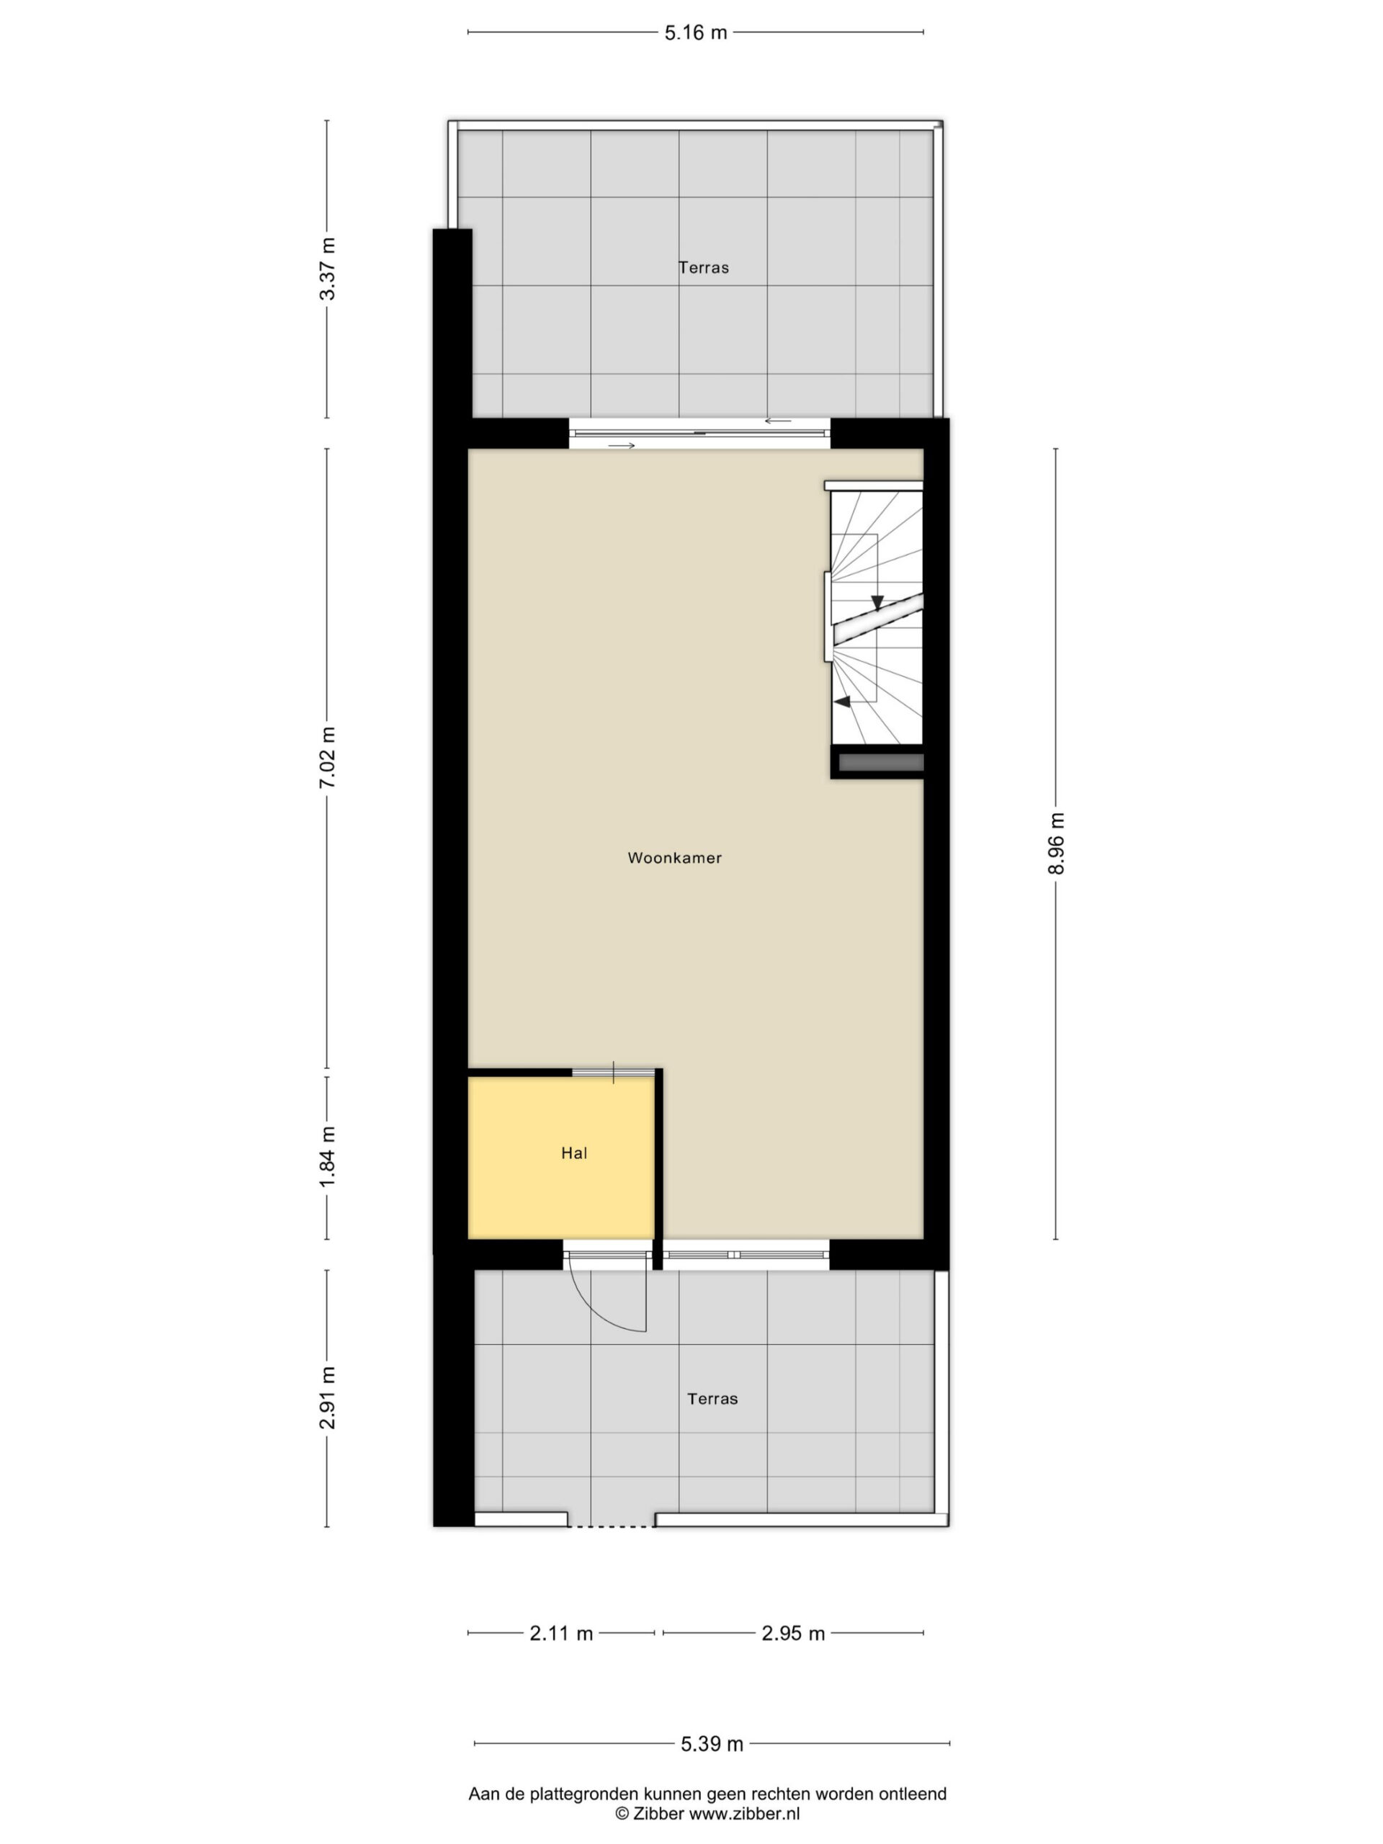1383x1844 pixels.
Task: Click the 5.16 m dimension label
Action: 695,32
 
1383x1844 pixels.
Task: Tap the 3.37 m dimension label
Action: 328,269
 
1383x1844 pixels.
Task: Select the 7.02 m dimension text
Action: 328,757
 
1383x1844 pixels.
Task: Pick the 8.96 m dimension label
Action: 1056,843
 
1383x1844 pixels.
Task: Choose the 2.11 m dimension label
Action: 561,1633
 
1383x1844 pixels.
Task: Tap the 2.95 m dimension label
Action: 793,1633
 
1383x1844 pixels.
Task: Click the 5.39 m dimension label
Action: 712,1743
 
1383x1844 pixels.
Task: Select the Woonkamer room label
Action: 674,858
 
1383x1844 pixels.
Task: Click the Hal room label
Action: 574,1153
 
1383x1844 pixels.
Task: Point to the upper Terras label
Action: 704,268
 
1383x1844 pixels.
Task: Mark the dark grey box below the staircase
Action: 881,762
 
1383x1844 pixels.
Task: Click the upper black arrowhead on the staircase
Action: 877,603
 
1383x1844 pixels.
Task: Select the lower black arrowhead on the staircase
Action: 843,702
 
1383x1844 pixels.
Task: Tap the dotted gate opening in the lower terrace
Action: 612,1526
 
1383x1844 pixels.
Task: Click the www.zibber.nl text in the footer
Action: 743,1813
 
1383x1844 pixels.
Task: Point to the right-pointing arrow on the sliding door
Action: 622,446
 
